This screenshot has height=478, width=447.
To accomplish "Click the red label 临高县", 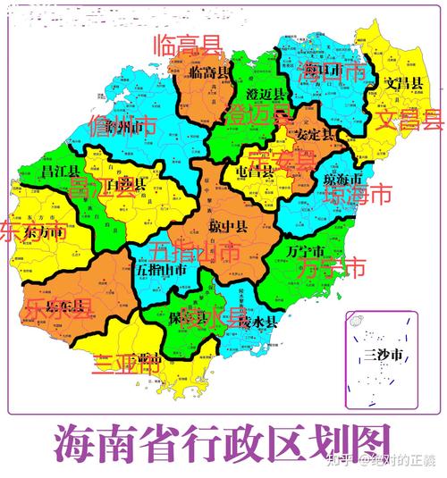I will (x=187, y=45).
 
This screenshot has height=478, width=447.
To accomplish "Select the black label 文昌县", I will (x=404, y=84).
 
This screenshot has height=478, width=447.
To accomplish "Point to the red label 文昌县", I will (x=409, y=119).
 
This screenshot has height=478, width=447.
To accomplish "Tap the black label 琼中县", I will (x=229, y=223).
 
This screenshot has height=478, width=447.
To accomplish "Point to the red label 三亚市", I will (x=126, y=364).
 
